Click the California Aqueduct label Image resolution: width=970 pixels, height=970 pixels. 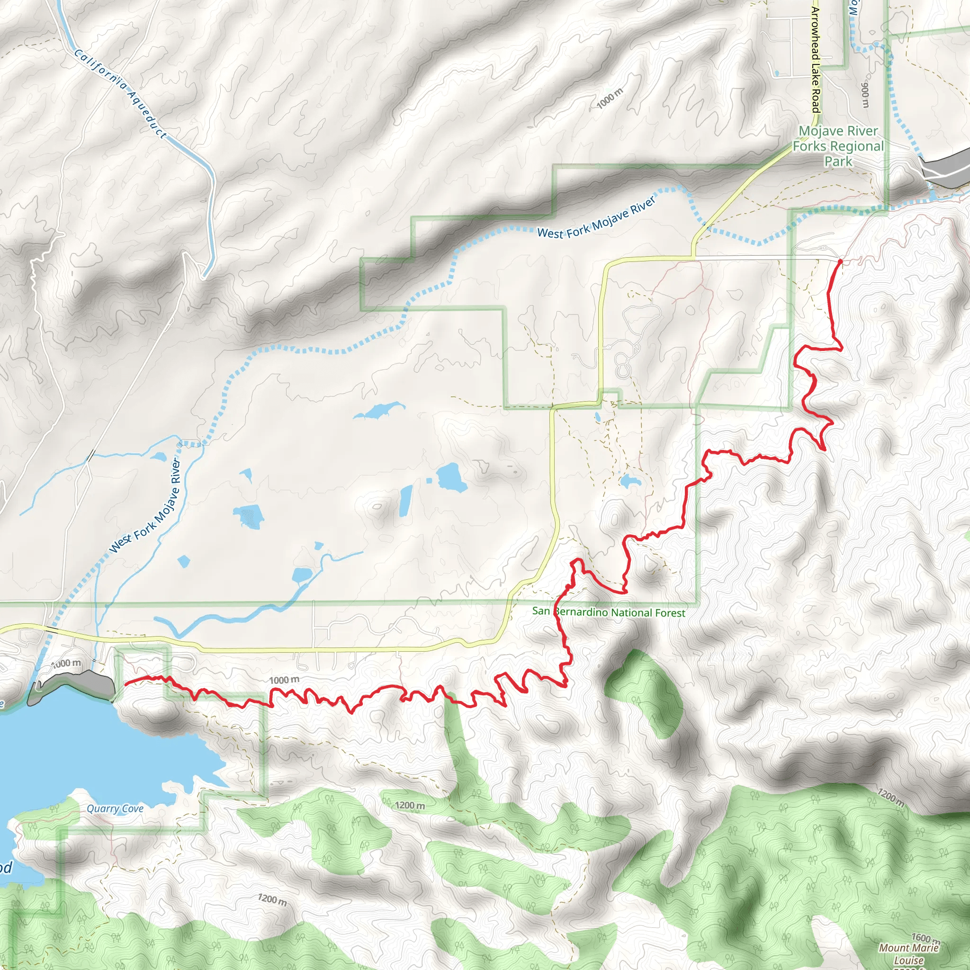120,94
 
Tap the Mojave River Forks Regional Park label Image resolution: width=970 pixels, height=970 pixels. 838,146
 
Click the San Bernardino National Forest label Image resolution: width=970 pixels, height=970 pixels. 609,612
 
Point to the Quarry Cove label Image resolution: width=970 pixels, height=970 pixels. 115,808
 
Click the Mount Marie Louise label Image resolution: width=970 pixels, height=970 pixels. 909,953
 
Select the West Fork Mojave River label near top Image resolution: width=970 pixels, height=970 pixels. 596,218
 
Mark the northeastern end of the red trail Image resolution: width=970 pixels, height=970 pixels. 840,261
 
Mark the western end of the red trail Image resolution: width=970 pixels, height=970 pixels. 125,683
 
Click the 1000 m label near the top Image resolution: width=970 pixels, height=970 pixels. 610,98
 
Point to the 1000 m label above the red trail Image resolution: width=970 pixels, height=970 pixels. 284,680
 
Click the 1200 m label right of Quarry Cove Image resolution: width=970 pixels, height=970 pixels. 410,806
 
